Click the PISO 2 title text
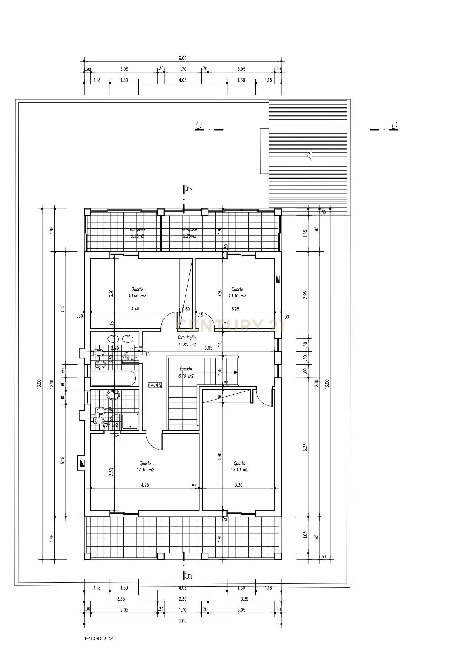99,638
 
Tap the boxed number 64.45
155,385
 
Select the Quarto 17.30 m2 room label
145,467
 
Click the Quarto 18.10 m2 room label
239,467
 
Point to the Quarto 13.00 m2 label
137,293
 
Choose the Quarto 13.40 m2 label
237,293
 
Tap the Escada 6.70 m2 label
186,372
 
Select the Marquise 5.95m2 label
137,233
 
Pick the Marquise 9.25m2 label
189,233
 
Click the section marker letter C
199,126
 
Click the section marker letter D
394,125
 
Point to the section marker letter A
188,189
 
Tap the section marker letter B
188,576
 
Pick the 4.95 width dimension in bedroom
145,485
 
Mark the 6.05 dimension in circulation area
209,348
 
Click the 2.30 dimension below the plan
182,599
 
